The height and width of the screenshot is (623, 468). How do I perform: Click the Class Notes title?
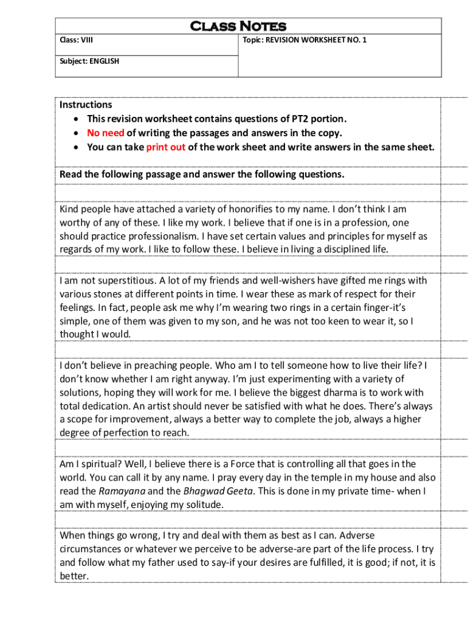point(238,26)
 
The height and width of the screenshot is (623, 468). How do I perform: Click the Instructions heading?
point(86,105)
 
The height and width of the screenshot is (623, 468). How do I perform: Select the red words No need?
point(105,133)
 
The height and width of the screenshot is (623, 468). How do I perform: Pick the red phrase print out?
point(165,147)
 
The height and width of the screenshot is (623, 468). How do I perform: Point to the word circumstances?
point(87,549)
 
